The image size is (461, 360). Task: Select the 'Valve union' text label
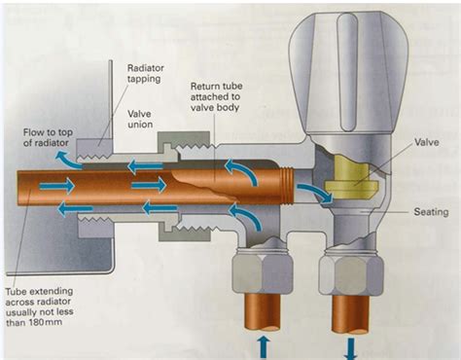(145, 119)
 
